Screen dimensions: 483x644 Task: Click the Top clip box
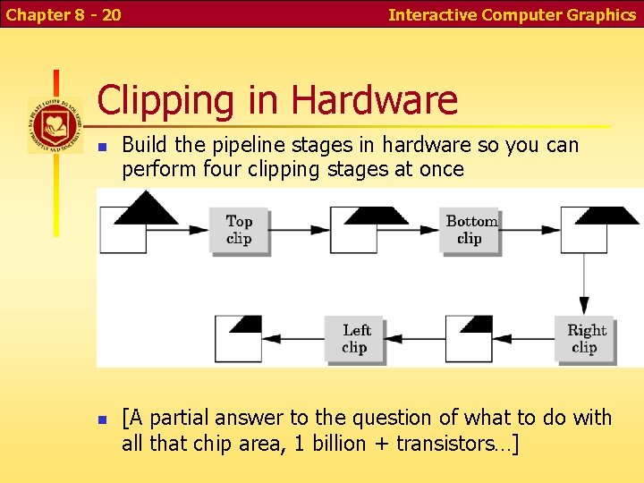point(239,229)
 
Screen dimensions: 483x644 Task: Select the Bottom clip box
point(470,229)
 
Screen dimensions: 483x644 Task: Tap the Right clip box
point(586,338)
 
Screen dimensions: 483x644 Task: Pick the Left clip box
point(355,338)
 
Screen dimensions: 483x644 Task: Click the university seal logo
point(55,124)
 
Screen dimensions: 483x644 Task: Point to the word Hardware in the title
point(374,100)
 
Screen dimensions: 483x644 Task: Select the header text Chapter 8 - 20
point(64,14)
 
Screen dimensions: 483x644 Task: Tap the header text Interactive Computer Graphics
point(512,14)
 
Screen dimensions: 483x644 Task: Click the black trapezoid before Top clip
point(147,209)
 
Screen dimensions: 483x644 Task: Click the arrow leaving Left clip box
point(292,338)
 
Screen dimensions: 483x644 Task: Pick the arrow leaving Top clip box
point(300,229)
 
